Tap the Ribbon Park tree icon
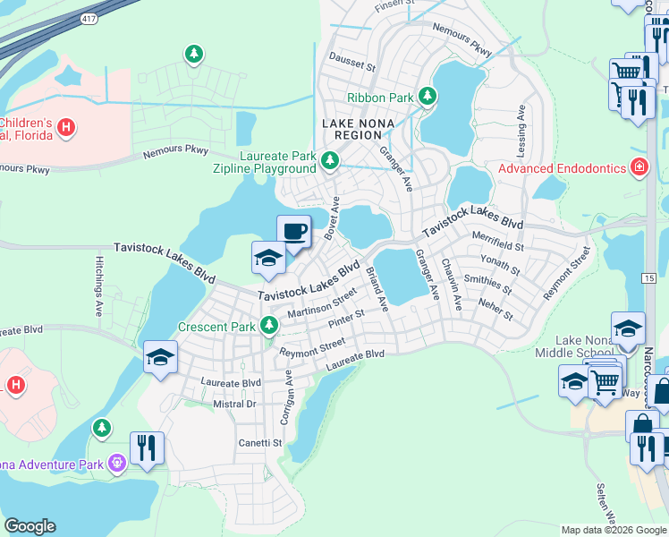[428, 96]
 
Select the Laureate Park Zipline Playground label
[265, 162]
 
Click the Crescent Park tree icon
[267, 326]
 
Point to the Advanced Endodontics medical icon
[639, 166]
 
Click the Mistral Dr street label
[233, 405]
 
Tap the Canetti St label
[259, 442]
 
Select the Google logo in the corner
[30, 526]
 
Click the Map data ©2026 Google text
[614, 530]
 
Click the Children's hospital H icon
[64, 128]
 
